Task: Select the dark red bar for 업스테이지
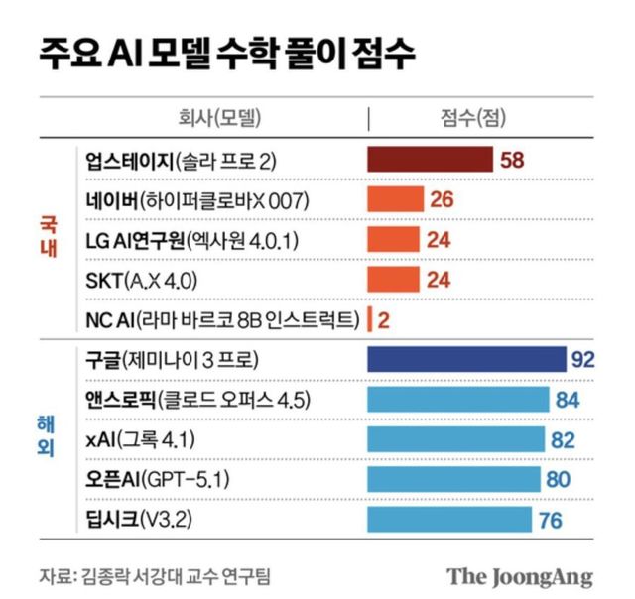(x=430, y=160)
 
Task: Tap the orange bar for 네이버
(x=396, y=200)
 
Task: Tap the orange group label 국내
(x=44, y=240)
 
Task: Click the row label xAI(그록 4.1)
(x=135, y=439)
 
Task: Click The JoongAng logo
(x=519, y=576)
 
